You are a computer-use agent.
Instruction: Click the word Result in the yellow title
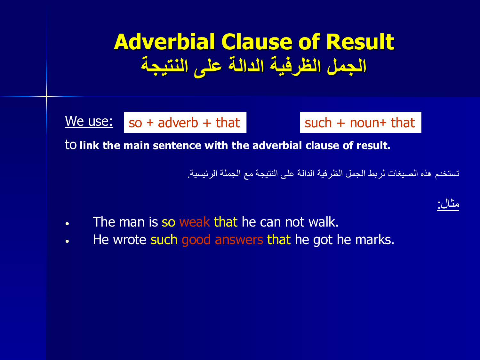tap(360, 42)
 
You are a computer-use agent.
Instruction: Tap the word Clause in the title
tap(257, 42)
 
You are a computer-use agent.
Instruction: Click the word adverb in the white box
tap(178, 123)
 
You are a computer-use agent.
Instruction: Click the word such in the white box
tap(318, 123)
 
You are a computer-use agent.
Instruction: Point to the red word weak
tap(195, 222)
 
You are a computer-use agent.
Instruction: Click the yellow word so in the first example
tap(168, 222)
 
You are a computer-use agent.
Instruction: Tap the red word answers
tap(239, 240)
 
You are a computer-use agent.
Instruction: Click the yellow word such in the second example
tap(164, 240)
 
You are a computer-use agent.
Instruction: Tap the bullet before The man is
tap(67, 224)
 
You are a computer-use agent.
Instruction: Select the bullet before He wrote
tap(67, 241)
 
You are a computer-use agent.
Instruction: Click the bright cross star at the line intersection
tap(46, 96)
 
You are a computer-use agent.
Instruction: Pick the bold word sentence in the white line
tap(177, 146)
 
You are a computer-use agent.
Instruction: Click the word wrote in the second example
tap(130, 240)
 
